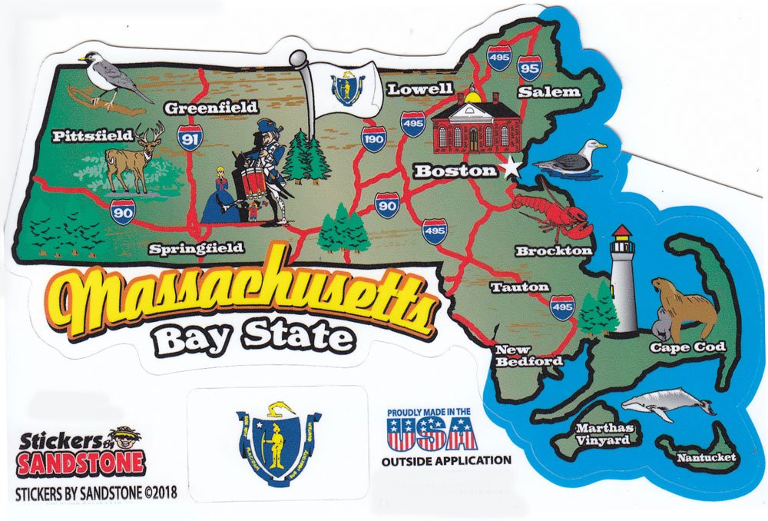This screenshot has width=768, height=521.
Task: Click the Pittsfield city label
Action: (92, 136)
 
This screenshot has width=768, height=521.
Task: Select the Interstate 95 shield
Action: (528, 68)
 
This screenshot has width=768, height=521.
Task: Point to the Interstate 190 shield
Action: (373, 139)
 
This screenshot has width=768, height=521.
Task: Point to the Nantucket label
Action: (707, 458)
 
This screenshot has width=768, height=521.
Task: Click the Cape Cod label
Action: (687, 347)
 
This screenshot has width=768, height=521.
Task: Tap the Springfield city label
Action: (196, 248)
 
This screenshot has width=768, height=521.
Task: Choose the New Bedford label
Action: (528, 356)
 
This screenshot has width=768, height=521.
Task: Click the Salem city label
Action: (548, 91)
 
